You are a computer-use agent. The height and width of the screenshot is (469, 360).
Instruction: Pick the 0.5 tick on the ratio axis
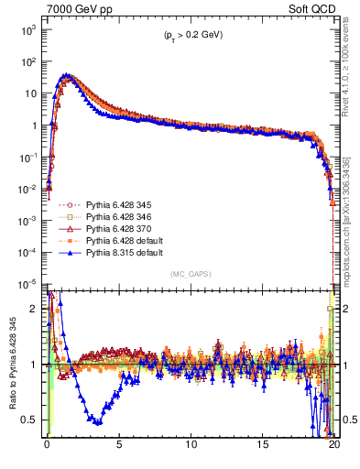point(29,420)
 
